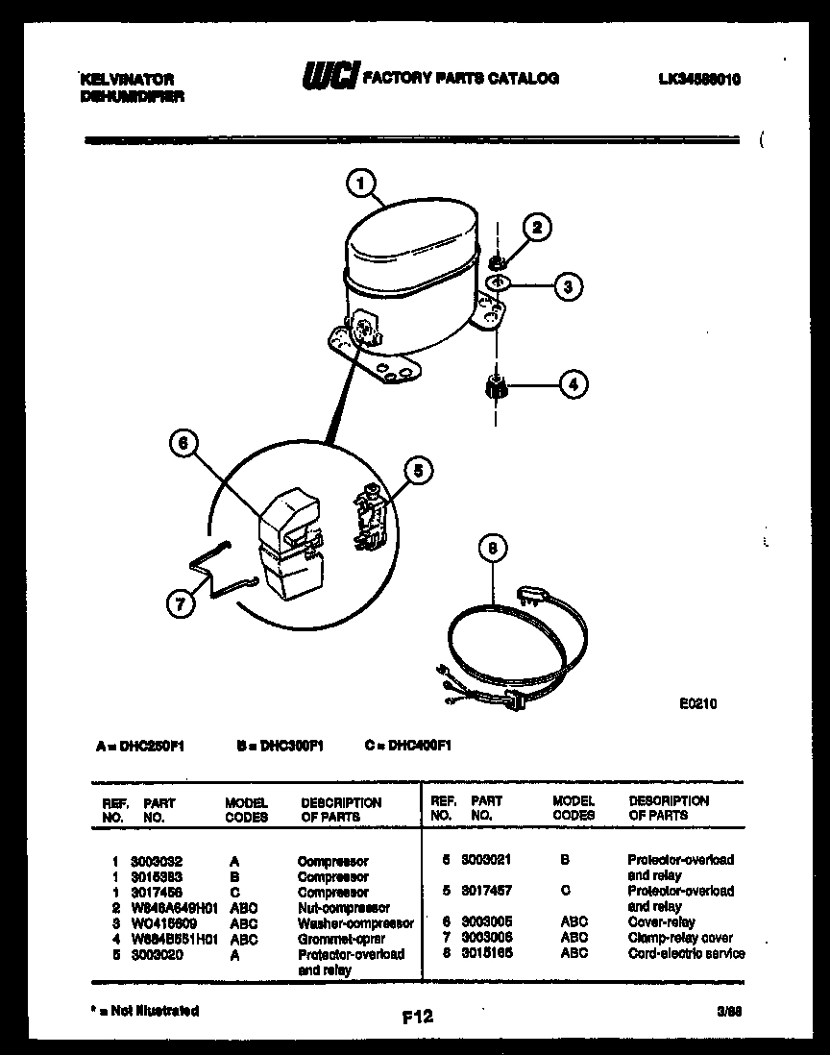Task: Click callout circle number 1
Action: click(360, 183)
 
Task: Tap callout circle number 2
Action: click(537, 228)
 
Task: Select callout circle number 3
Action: click(568, 285)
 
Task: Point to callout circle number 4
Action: click(574, 385)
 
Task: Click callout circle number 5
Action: click(418, 471)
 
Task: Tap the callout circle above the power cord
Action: click(493, 549)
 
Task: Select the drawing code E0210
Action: click(697, 703)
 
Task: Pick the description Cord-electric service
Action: click(686, 953)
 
